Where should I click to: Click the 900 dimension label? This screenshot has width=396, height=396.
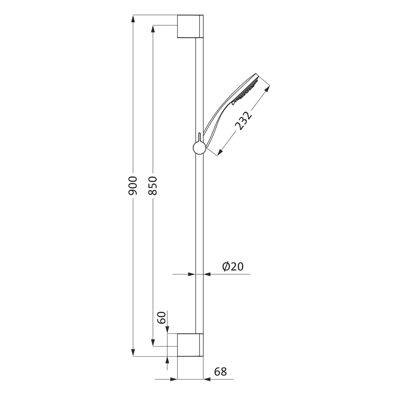133,186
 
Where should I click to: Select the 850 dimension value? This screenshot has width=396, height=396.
153,186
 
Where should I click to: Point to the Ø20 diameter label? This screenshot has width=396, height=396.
233,267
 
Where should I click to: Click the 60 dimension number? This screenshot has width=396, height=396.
161,318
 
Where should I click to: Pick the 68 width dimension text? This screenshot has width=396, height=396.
220,372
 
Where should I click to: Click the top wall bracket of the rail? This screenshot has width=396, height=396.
190,26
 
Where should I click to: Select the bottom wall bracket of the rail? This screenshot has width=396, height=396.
190,345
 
